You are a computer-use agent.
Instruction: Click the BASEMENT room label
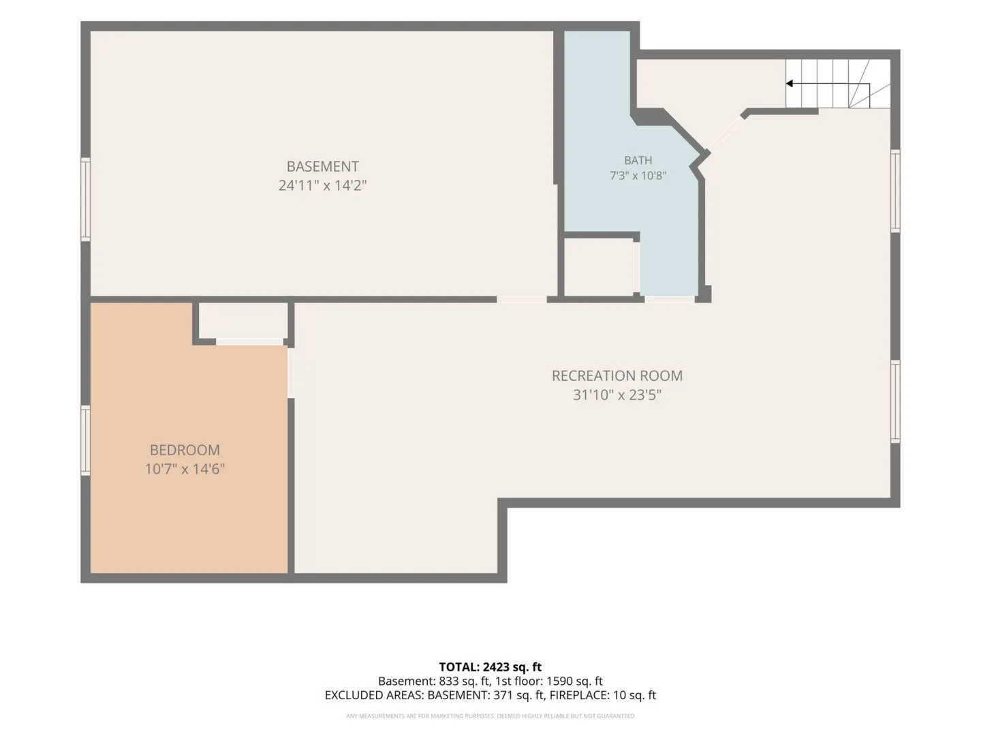322,166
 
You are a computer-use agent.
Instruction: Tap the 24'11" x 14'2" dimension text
322,185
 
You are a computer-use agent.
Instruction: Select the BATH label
638,160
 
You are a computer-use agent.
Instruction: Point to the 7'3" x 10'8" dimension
638,175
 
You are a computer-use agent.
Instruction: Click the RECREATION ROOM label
617,375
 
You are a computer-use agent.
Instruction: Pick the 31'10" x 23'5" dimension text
617,395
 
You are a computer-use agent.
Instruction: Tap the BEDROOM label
185,450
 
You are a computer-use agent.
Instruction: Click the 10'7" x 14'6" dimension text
185,469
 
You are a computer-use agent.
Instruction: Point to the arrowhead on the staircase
790,84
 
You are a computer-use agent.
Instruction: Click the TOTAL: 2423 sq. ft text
490,666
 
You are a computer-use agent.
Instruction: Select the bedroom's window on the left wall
85,440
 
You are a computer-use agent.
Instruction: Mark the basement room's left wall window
85,199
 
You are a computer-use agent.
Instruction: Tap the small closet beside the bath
599,267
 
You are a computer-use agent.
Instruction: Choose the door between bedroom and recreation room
290,373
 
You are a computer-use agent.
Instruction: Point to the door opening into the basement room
522,299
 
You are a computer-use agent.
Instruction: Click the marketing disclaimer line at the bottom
490,716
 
